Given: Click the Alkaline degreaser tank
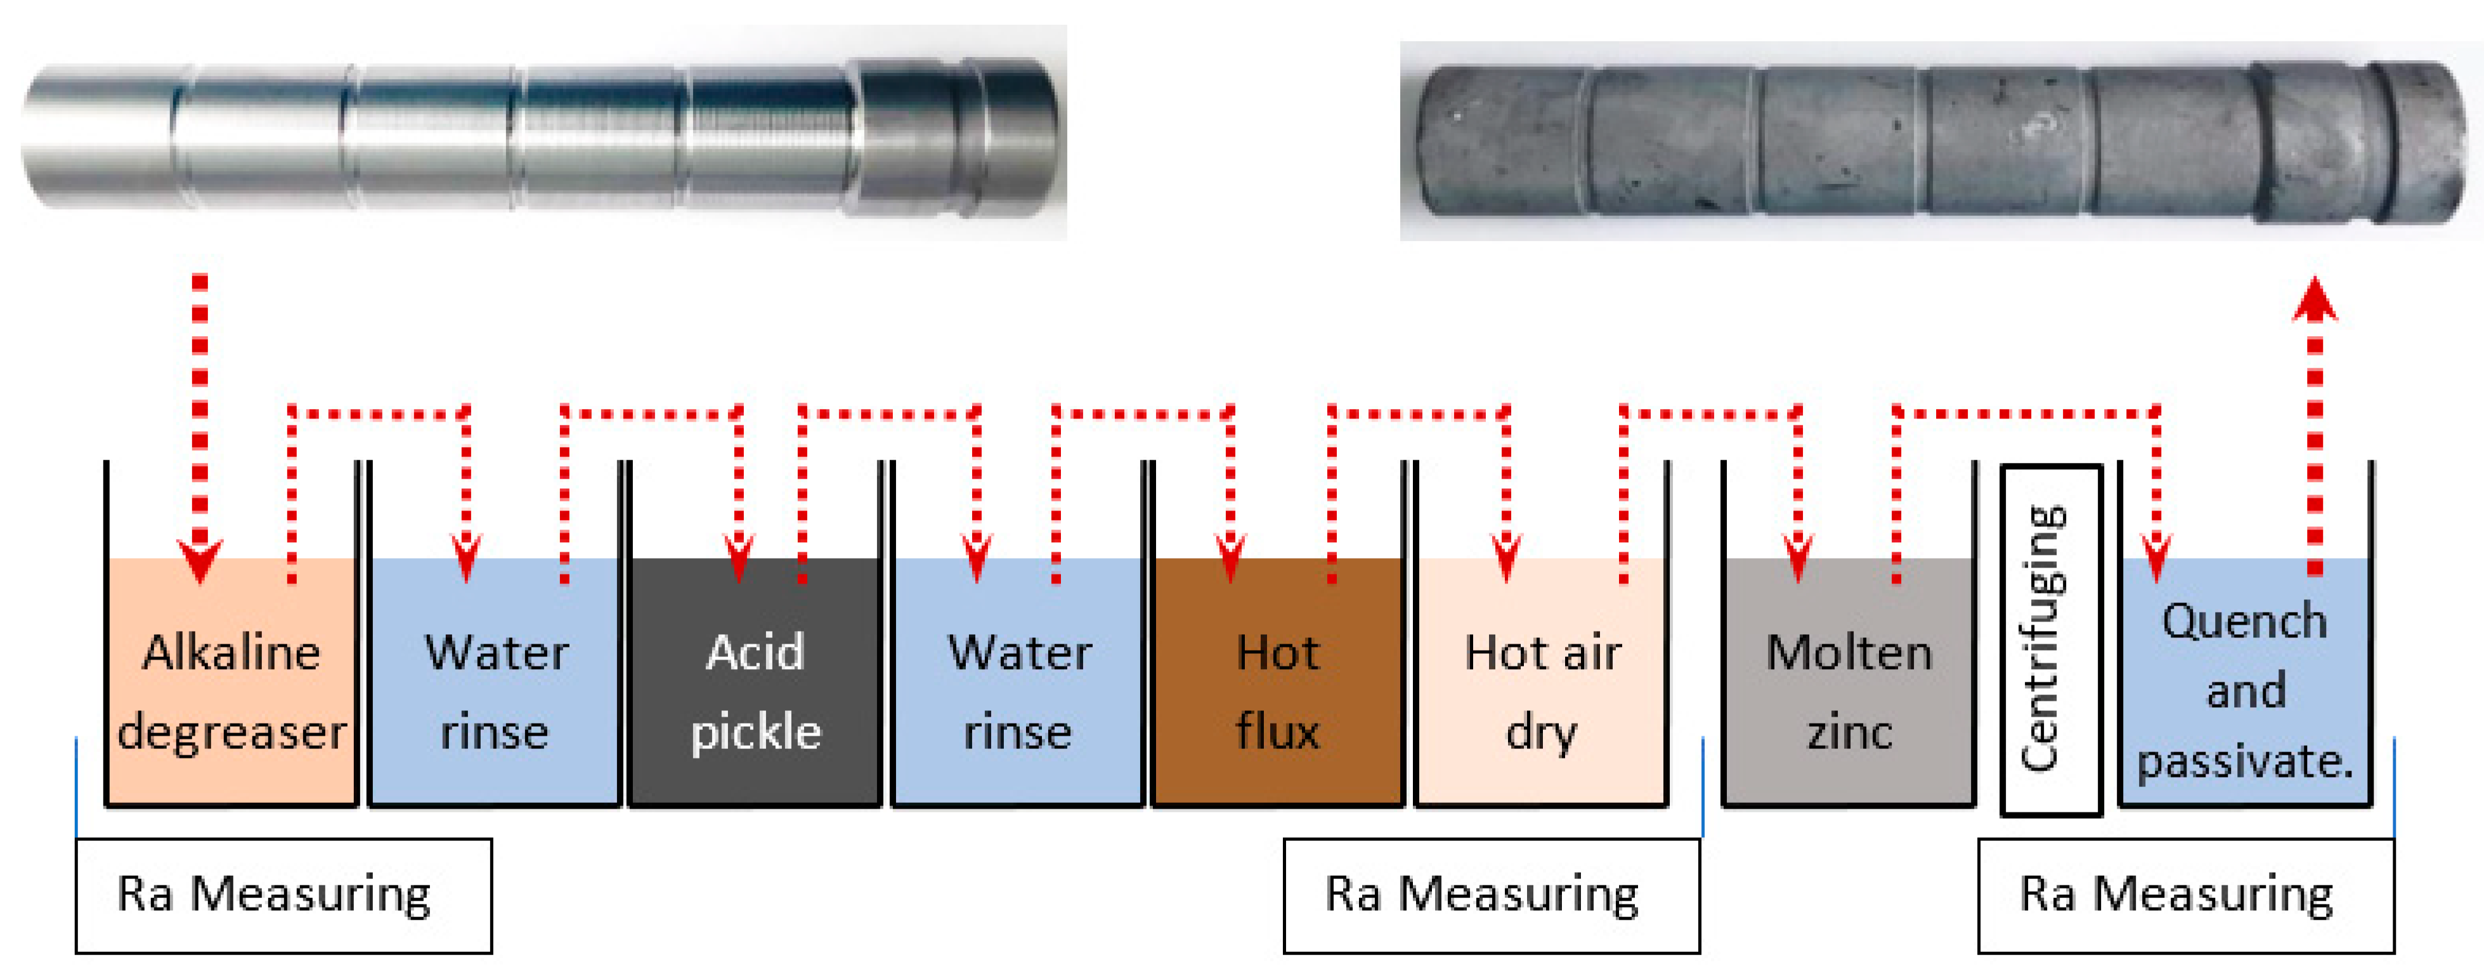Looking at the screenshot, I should point(231,685).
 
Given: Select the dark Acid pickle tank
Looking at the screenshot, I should point(755,685).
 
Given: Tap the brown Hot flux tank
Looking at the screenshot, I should point(1278,685).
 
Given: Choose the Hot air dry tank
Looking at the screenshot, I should point(1541,685).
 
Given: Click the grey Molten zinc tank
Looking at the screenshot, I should point(1849,685).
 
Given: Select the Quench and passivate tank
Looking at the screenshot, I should point(2245,685).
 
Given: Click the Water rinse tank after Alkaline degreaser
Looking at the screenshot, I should point(495,685).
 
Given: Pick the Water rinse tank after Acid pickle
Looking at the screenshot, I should point(1018,685).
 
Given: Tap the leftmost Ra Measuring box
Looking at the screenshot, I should point(283,895).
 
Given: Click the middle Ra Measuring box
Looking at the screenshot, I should point(1491,895).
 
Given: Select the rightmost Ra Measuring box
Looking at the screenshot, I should point(2185,895).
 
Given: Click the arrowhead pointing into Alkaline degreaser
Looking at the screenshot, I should point(200,561).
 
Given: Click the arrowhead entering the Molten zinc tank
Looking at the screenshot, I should point(1797,561).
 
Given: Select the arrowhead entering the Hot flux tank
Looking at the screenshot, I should point(1230,561).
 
